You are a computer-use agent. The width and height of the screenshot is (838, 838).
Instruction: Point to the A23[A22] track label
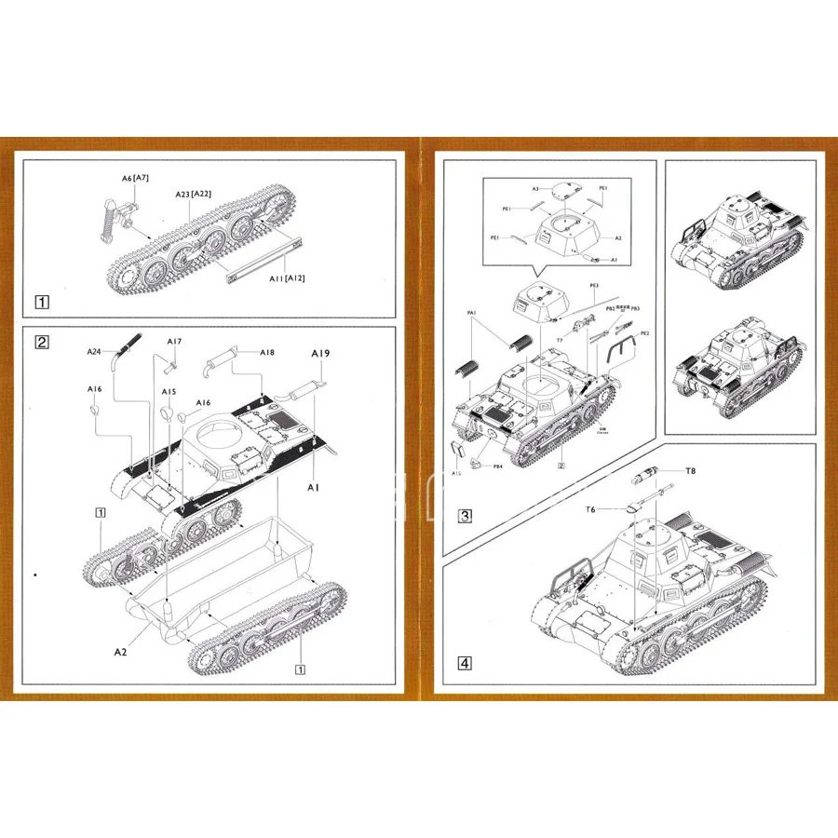[194, 194]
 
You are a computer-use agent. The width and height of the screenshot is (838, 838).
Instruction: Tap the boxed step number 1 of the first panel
[41, 302]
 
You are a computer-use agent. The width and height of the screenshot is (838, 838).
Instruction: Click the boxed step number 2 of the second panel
[41, 341]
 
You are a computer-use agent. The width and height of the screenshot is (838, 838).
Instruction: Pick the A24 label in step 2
[94, 351]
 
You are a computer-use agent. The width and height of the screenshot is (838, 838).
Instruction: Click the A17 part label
[174, 342]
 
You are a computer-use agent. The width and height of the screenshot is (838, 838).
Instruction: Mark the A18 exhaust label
[267, 352]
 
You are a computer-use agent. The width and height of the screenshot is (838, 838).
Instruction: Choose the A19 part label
[320, 354]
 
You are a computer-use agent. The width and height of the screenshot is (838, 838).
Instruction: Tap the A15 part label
[169, 392]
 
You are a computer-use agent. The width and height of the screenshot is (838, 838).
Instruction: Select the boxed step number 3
[466, 515]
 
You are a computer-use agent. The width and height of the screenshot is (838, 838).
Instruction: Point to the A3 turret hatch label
[536, 189]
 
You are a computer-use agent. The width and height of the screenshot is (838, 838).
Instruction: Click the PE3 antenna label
[594, 286]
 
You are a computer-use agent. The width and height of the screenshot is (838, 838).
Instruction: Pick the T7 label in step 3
[560, 340]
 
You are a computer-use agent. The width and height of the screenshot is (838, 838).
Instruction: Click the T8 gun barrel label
[690, 471]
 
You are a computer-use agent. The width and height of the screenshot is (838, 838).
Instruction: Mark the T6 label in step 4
[590, 509]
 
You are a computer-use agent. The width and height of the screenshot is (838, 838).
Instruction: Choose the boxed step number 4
[465, 664]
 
